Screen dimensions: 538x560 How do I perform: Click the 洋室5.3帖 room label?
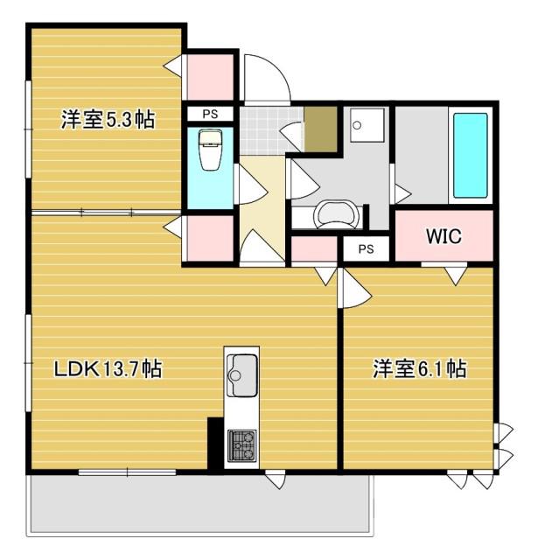(x=108, y=120)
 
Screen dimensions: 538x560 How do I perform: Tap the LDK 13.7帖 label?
(x=108, y=368)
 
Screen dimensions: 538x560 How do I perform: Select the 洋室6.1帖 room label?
(x=420, y=368)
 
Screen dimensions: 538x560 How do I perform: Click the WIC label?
(x=444, y=236)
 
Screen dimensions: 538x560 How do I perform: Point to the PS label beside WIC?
(x=366, y=248)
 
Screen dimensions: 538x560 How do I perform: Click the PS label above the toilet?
(x=210, y=114)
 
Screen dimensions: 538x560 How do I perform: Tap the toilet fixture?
(x=211, y=150)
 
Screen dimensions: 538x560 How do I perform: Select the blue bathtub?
(x=470, y=156)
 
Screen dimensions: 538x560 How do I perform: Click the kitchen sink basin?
(x=242, y=375)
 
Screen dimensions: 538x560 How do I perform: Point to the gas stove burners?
(x=242, y=445)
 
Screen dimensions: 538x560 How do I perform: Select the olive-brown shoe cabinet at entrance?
(x=320, y=129)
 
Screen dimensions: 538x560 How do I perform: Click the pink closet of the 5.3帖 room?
(x=210, y=77)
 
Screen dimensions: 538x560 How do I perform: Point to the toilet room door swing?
(x=252, y=185)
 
